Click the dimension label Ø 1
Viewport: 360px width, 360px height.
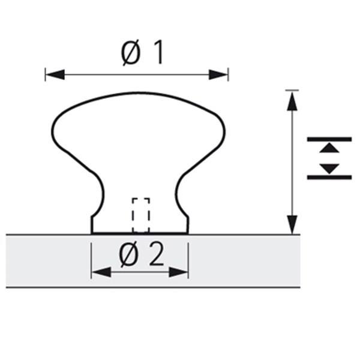tap(142, 54)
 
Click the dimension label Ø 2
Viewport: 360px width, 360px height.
tap(141, 256)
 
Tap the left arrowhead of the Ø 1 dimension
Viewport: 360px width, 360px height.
tap(54, 74)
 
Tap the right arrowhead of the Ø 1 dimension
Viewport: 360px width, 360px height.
tap(220, 74)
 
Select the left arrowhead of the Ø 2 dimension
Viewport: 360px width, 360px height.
tap(100, 272)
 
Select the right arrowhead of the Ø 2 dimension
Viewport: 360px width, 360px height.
tap(179, 272)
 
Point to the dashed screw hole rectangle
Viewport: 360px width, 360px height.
tap(141, 215)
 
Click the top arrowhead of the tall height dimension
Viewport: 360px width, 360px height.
tap(292, 101)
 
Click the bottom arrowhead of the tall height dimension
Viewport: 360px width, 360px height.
tap(292, 224)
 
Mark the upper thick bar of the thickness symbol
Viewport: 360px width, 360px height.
tap(329, 139)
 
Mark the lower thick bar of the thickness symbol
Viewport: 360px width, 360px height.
tap(329, 177)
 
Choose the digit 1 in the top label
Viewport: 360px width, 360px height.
tap(157, 54)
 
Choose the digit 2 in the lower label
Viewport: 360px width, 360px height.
tap(155, 256)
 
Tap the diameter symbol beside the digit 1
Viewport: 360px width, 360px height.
tap(130, 55)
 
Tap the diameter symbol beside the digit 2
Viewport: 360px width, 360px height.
tap(129, 256)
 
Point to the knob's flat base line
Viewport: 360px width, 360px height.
tap(140, 233)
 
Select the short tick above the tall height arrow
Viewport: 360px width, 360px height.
tap(292, 90)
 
